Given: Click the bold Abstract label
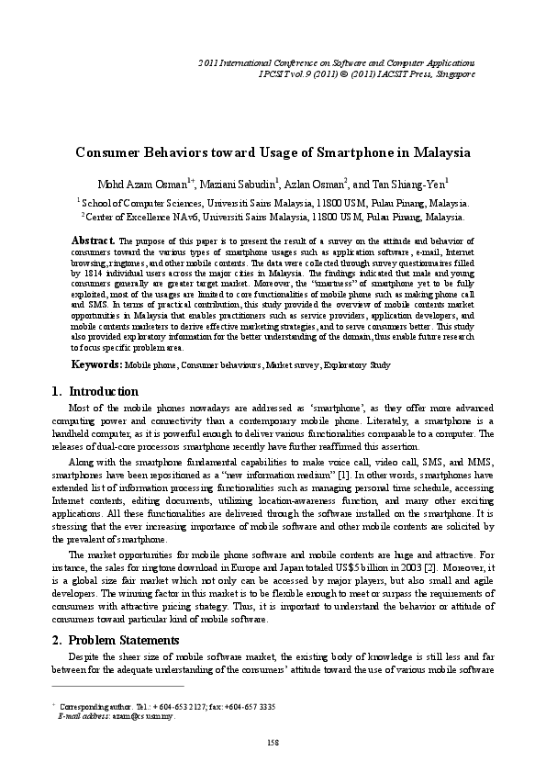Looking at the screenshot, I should click(92, 240).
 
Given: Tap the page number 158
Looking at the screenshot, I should click(273, 741).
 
